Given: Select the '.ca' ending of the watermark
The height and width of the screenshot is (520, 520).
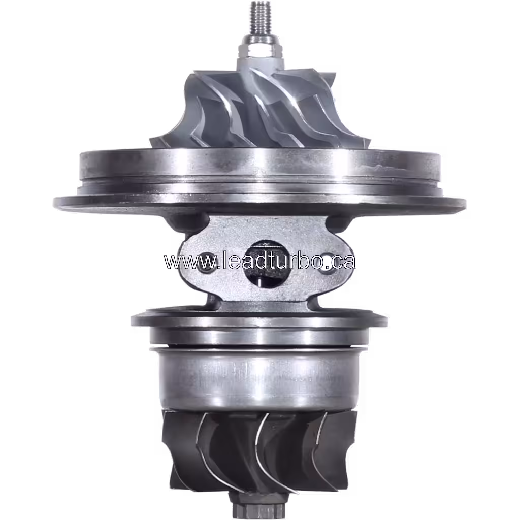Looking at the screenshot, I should coord(343,262).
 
